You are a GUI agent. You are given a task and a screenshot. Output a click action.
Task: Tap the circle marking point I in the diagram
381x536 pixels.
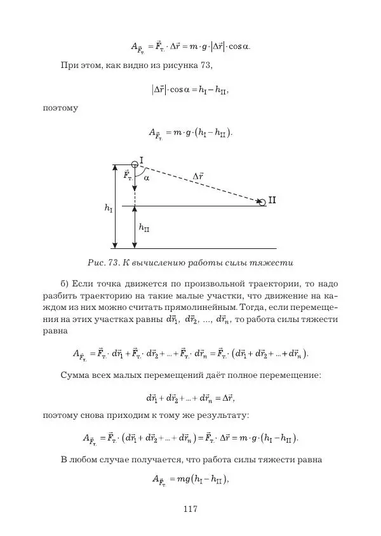pos(135,164)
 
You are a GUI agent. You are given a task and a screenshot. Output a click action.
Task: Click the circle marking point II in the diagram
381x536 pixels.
pos(262,201)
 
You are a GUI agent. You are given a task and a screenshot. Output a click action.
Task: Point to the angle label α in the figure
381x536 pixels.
pos(147,178)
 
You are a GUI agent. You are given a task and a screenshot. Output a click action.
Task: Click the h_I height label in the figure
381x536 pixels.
pos(109,208)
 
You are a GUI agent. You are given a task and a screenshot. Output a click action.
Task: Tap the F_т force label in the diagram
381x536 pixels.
pos(127,175)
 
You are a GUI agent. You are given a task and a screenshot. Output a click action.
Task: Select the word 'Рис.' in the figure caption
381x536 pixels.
pos(98,262)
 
